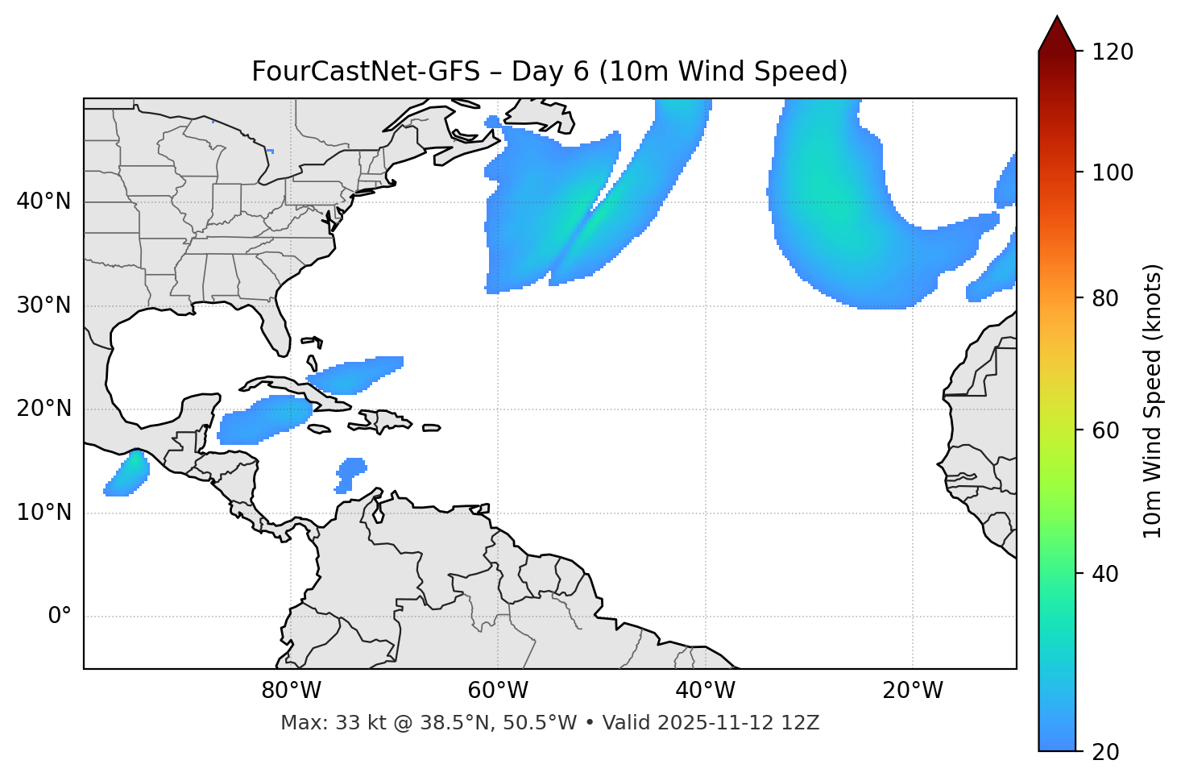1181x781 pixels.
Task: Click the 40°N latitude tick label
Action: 44,201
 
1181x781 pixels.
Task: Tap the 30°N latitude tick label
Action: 44,305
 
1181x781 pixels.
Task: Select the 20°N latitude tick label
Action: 44,409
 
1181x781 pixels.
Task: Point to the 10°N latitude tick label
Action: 44,513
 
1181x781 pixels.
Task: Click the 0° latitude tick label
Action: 60,617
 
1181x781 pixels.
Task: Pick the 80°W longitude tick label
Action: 291,691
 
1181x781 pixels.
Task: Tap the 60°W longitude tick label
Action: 498,691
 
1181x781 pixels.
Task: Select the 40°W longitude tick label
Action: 705,691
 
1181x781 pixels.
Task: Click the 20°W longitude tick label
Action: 913,691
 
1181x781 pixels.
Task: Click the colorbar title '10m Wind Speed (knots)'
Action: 1153,401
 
